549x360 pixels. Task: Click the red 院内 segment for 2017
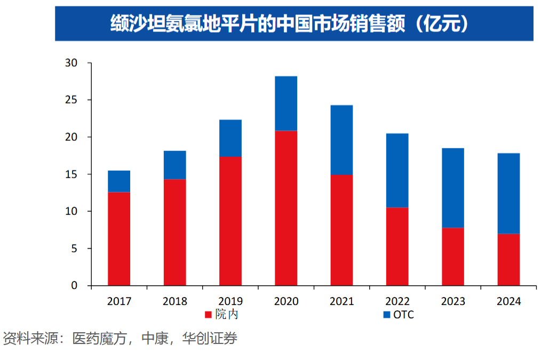click(x=119, y=238)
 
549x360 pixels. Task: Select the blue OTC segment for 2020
click(x=286, y=103)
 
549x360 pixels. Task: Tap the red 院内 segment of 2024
click(x=508, y=260)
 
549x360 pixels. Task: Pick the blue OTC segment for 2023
click(x=453, y=188)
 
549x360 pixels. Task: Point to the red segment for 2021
click(x=341, y=230)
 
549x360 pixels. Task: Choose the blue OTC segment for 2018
click(x=175, y=165)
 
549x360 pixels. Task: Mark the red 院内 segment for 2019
click(x=230, y=221)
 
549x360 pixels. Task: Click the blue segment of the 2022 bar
click(x=397, y=170)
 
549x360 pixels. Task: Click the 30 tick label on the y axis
click(x=71, y=63)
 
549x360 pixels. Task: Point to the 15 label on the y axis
click(x=71, y=174)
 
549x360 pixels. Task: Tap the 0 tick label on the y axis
click(x=74, y=286)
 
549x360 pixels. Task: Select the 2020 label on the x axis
click(x=286, y=301)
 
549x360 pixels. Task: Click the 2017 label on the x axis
click(x=119, y=301)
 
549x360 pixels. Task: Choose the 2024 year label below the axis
click(x=508, y=301)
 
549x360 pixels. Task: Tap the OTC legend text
click(x=403, y=315)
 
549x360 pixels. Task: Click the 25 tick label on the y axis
click(x=71, y=100)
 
